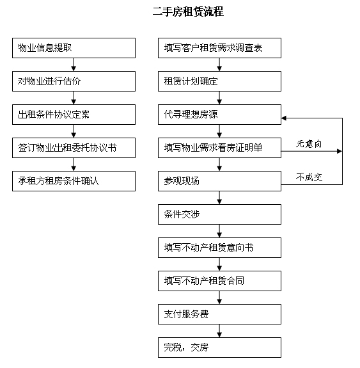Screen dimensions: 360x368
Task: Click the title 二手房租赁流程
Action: [188, 12]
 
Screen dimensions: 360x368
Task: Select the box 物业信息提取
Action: [74, 48]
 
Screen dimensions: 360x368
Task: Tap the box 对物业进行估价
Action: [74, 81]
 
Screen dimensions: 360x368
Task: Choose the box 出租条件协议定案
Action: [74, 115]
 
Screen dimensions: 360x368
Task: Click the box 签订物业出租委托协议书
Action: [74, 148]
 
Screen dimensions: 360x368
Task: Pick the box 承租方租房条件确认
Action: [74, 181]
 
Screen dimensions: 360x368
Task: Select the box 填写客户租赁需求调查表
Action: [219, 48]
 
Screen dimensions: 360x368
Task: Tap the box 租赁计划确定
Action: [219, 81]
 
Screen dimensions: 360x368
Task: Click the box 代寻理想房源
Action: [219, 115]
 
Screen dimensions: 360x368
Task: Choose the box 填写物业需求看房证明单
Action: [219, 148]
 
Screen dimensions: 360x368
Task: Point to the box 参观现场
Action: [219, 181]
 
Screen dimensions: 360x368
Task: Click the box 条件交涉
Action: [219, 214]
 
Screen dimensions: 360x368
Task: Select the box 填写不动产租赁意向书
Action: [219, 248]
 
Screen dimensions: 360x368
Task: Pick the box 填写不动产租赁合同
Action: [219, 281]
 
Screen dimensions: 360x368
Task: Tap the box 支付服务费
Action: [219, 314]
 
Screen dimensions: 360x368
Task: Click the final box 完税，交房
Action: [219, 348]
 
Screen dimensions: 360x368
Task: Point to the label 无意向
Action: [309, 143]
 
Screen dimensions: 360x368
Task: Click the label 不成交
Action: [309, 177]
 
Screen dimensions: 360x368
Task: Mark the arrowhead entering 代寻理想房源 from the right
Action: [283, 118]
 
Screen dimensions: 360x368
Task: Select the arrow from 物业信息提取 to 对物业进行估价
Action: [74, 65]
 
